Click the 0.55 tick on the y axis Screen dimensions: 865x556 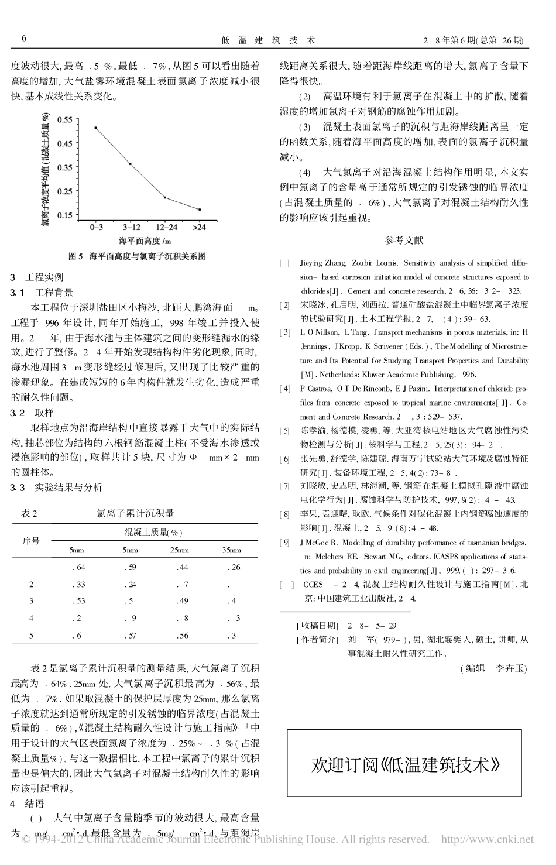pos(65,119)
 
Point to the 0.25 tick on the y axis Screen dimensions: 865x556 pos(65,191)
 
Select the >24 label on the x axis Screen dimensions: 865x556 pos(199,226)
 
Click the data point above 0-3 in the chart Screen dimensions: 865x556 pos(95,128)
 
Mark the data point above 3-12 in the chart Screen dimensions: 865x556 pos(131,164)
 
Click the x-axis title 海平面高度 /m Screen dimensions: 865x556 pos(145,241)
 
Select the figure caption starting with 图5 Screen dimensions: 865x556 pos(138,256)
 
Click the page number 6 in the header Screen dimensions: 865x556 pos(24,39)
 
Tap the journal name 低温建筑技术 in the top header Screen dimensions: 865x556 pos(268,40)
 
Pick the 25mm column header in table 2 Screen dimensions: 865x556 pos(179,550)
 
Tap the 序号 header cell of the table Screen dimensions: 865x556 pos(32,541)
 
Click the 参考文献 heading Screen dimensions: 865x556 pos(404,240)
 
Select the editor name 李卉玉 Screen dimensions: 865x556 pos(511,668)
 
